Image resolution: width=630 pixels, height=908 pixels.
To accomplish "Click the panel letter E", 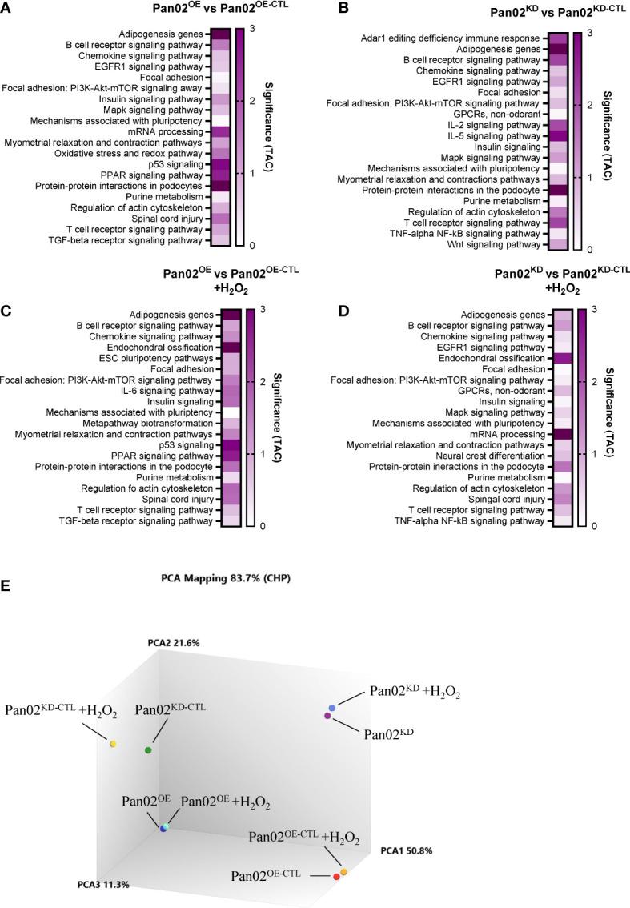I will pos(6,564).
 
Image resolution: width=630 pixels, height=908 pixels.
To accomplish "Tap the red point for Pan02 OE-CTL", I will pos(336,878).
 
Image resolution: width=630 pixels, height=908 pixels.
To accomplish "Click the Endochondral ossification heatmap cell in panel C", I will pos(231,348).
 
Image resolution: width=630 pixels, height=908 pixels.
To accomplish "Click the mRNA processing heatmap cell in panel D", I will pos(563,434).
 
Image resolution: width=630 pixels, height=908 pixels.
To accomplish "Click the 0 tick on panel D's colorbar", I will pos(594,526).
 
